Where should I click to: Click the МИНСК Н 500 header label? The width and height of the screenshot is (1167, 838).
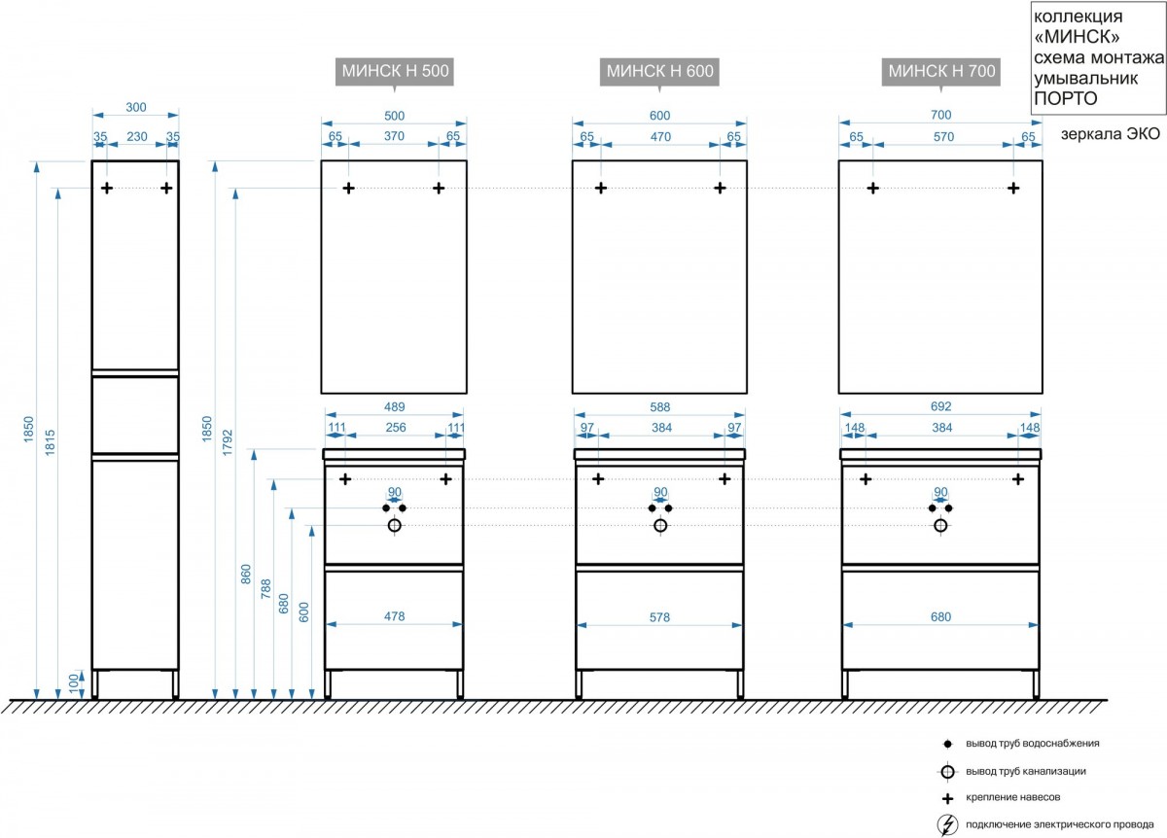pyautogui.click(x=395, y=71)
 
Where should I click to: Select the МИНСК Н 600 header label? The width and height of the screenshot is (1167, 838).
pyautogui.click(x=659, y=71)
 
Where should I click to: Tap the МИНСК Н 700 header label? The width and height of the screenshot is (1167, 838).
pyautogui.click(x=941, y=71)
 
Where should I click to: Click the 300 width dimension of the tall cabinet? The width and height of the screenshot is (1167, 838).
pyautogui.click(x=136, y=107)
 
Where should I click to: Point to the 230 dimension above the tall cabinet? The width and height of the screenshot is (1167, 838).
pyautogui.click(x=137, y=136)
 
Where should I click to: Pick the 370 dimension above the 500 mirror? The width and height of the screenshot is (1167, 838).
pyautogui.click(x=394, y=136)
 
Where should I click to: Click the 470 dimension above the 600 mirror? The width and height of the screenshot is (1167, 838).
pyautogui.click(x=660, y=136)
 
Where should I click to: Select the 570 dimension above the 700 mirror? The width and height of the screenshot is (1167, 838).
pyautogui.click(x=943, y=136)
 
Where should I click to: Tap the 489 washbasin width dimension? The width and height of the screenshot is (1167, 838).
pyautogui.click(x=395, y=406)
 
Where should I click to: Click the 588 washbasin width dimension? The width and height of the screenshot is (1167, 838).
pyautogui.click(x=659, y=406)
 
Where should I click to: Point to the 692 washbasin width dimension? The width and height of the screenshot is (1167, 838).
pyautogui.click(x=941, y=406)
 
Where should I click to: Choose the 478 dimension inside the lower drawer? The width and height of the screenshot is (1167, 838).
pyautogui.click(x=395, y=616)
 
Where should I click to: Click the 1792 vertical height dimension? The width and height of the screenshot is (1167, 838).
pyautogui.click(x=228, y=442)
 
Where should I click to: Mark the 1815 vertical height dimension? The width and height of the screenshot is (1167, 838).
pyautogui.click(x=50, y=442)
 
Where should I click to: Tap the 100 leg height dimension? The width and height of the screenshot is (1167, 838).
pyautogui.click(x=74, y=683)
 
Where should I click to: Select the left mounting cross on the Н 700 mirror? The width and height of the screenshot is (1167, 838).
pyautogui.click(x=873, y=188)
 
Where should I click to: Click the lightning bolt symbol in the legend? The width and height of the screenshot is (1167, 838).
pyautogui.click(x=947, y=824)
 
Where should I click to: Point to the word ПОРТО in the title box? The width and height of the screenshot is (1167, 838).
pyautogui.click(x=1066, y=98)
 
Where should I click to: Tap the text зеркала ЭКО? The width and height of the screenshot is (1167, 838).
pyautogui.click(x=1111, y=134)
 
